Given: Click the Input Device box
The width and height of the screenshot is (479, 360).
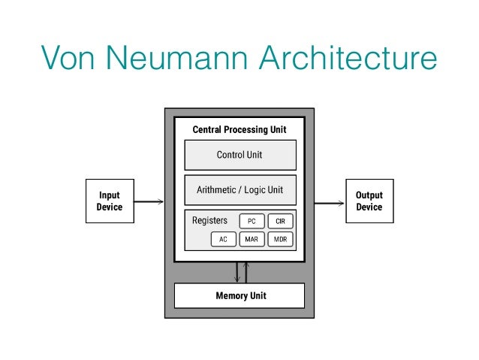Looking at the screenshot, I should pos(110,201).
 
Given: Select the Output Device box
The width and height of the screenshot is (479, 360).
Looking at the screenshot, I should pos(369,201).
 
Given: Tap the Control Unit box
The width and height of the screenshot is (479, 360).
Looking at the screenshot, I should pos(240,156).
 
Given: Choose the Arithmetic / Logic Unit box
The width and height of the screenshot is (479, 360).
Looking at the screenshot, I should pos(240,190).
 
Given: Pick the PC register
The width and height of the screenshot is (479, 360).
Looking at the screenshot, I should pos(252,222).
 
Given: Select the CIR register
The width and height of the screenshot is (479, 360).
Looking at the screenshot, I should pos(280,222).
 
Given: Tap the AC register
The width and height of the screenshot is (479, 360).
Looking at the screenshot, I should pos(223,240).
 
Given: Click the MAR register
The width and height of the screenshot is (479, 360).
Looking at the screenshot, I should pos(252,240).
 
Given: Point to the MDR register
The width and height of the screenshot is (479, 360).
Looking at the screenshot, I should pos(280,240).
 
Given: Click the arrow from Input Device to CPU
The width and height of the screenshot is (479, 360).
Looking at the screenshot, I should pos(149,201).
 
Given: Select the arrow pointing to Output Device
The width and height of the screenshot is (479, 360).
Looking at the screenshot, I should pos(329,201).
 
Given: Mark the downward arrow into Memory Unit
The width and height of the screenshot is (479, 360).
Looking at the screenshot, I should pos(236,272).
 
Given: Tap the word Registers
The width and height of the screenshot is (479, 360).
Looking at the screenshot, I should pos(209,221).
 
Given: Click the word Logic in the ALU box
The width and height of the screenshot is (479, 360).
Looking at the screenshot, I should pos(256,190).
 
